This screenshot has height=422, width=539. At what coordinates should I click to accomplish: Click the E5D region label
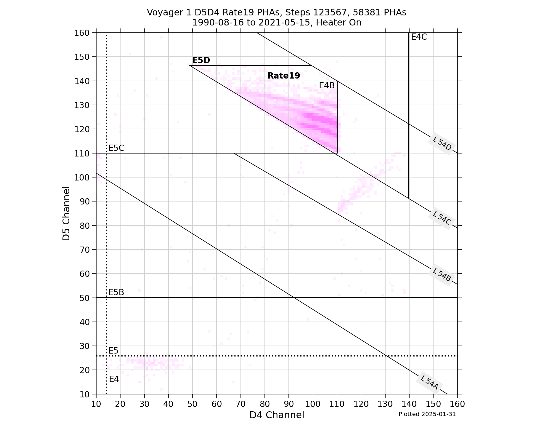201,60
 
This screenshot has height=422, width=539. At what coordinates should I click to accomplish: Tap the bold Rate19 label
284,76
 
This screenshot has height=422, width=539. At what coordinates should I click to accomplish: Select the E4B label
327,86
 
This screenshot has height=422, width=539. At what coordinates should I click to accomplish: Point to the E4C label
419,37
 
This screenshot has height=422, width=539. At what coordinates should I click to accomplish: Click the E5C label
116,148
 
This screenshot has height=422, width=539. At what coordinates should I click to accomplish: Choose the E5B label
116,292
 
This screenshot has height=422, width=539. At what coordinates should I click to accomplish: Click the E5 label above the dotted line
113,351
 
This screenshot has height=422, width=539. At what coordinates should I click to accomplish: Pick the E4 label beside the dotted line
114,379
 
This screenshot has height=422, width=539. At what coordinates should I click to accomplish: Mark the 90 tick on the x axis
289,404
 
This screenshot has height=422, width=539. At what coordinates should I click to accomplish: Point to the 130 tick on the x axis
385,404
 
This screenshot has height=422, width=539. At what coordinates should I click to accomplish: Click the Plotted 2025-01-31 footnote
427,414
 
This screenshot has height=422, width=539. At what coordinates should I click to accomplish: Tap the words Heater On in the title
339,23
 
